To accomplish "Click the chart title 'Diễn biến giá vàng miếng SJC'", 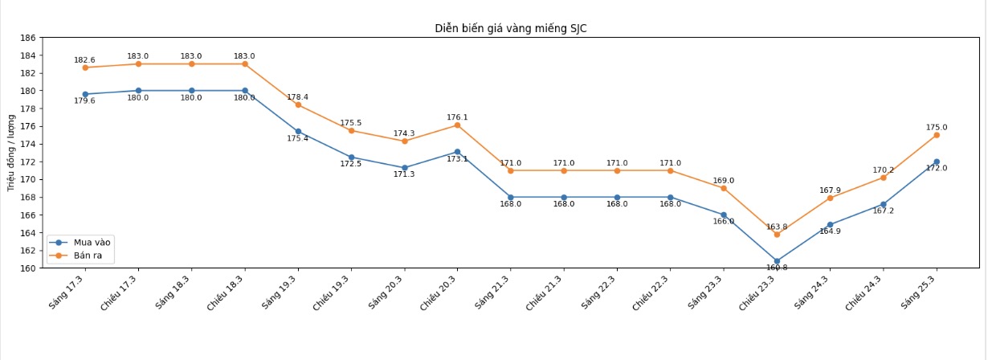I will pyautogui.click(x=516, y=28).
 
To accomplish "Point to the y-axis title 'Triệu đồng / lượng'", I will pyautogui.click(x=11, y=153).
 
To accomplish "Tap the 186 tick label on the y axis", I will pyautogui.click(x=27, y=38).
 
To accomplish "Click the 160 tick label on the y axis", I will pyautogui.click(x=27, y=268).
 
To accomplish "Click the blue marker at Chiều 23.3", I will pyautogui.click(x=777, y=261).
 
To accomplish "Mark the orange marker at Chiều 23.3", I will pyautogui.click(x=777, y=234).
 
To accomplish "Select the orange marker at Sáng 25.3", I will pyautogui.click(x=937, y=135).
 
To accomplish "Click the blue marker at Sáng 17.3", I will pyautogui.click(x=85, y=94).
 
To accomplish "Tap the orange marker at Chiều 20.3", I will pyautogui.click(x=457, y=125).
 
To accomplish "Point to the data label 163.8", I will pyautogui.click(x=777, y=227).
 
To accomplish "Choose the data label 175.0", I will pyautogui.click(x=937, y=127).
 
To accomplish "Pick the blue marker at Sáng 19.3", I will pyautogui.click(x=298, y=131).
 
